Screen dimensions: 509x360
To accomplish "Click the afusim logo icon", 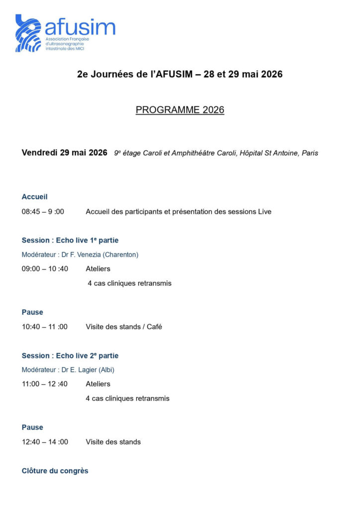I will [28, 33].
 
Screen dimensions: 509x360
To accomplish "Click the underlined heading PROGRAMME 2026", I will [180, 110].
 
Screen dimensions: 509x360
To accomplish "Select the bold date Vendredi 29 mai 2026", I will [65, 153].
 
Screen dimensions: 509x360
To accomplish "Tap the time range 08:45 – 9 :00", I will [43, 212].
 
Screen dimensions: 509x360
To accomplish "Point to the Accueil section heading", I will [35, 197].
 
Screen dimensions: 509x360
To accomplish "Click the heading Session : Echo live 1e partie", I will [70, 241].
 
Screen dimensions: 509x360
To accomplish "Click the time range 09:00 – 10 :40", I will [45, 269].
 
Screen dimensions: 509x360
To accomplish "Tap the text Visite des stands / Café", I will [124, 327].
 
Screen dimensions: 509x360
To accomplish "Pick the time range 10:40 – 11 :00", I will [45, 327].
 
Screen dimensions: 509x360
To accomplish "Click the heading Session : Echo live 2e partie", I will [70, 356].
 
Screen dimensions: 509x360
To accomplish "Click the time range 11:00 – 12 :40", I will [45, 384].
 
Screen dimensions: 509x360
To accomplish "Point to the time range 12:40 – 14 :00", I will [45, 441].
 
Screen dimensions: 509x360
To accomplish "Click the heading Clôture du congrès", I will [55, 471].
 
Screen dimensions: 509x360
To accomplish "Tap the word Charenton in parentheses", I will [121, 254].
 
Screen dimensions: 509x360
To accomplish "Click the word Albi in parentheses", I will [110, 370].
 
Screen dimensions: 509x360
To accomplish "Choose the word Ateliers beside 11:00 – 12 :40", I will [98, 384].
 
